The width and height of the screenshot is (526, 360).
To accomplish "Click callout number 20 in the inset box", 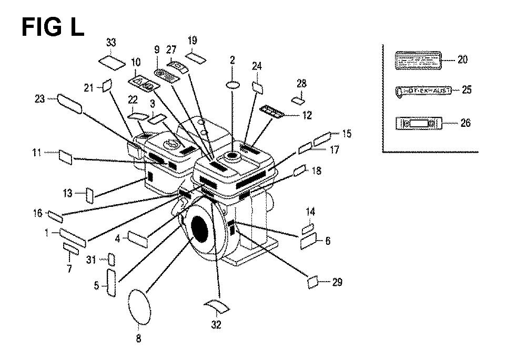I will point(462,59).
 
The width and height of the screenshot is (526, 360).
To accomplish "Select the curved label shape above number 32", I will point(217,305).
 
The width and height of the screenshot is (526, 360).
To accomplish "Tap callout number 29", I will point(337,282).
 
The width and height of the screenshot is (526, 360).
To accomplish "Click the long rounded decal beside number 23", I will point(70,103).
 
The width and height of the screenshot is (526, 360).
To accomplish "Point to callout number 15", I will point(346,134).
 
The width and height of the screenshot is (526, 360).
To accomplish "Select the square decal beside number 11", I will point(66,156).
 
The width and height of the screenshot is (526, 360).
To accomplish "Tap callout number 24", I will point(257,66).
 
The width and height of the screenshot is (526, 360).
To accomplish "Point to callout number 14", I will point(310,212).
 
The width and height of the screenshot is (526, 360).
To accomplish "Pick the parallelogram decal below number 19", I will point(198,57).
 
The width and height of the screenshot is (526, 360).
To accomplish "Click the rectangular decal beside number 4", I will point(138,239).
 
